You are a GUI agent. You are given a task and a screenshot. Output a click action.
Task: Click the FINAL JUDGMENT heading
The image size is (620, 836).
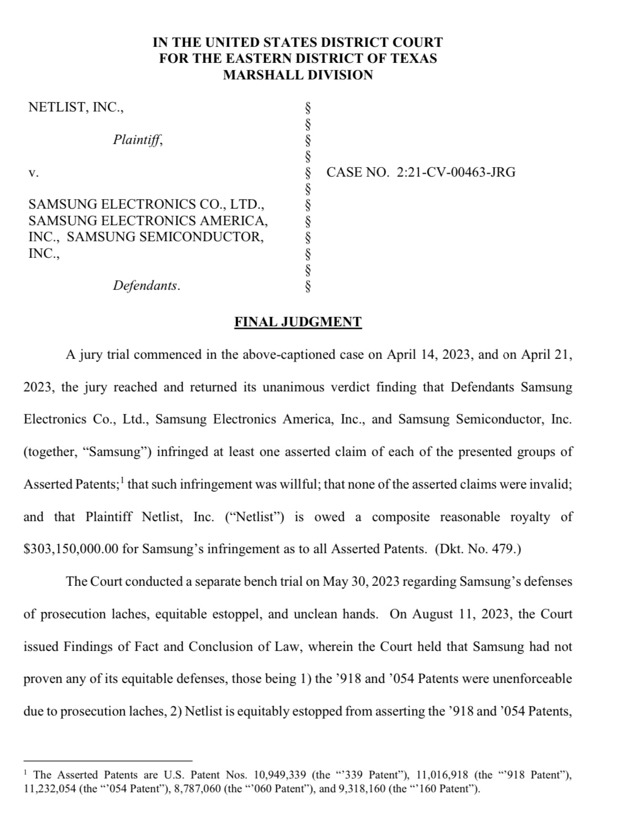click(298, 322)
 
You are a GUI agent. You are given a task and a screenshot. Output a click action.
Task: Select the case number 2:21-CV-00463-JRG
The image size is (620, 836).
click(456, 172)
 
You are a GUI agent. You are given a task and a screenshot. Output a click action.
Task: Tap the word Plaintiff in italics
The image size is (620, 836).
click(138, 140)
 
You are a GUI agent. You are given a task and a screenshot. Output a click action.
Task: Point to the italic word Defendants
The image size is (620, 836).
click(146, 285)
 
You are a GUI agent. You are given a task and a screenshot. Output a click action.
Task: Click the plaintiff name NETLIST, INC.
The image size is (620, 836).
click(76, 107)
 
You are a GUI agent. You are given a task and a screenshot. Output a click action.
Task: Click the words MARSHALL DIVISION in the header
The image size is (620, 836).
click(298, 75)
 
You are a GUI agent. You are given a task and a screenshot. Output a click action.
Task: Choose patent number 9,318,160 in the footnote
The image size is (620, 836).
click(357, 789)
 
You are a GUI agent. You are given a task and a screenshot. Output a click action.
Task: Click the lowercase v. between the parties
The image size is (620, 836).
click(33, 172)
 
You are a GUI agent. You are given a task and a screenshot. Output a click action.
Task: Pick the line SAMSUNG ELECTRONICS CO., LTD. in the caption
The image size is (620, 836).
click(147, 205)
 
